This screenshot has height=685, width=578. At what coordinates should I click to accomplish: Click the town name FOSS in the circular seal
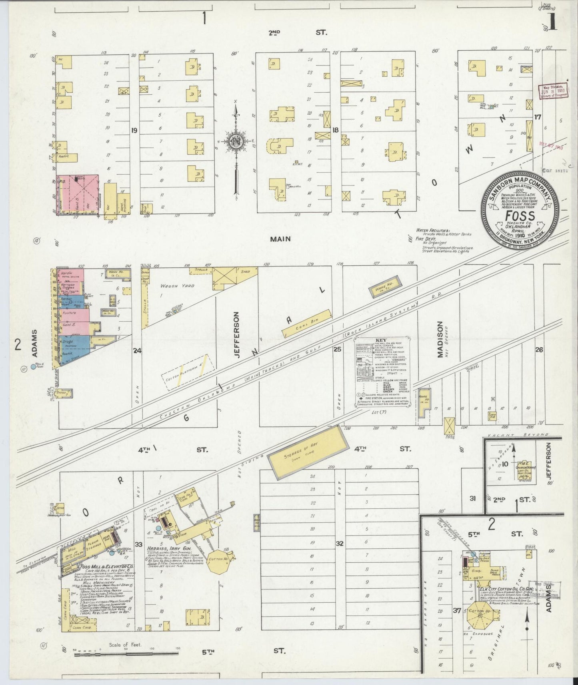[520, 216]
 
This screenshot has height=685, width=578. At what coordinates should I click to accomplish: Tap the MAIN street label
[280, 239]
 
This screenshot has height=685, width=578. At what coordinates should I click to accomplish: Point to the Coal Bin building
[307, 323]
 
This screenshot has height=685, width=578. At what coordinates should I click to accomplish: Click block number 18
[335, 130]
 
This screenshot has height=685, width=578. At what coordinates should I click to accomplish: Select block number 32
[340, 544]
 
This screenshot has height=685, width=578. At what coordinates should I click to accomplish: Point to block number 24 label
[137, 351]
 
